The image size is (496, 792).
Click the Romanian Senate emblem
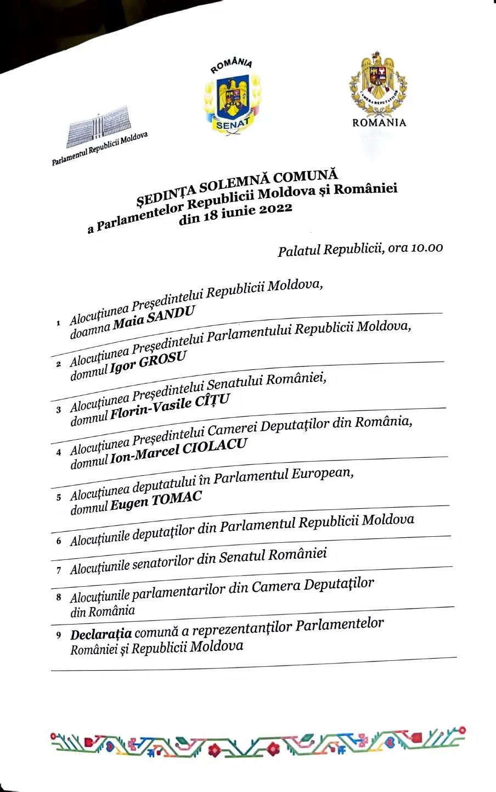[233, 99]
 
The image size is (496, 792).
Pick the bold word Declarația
[101, 634]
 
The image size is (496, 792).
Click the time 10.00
[426, 248]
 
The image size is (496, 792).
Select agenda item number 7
[59, 570]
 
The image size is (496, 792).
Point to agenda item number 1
[58, 323]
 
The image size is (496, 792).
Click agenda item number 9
[59, 636]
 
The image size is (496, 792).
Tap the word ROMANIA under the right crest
[379, 122]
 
